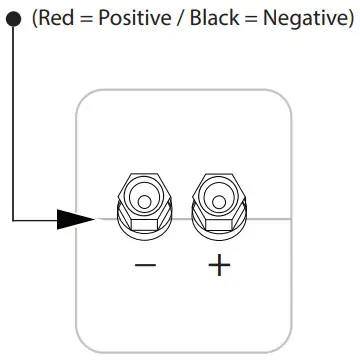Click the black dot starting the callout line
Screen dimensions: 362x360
pyautogui.click(x=14, y=20)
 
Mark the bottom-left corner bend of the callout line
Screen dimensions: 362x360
pyautogui.click(x=14, y=219)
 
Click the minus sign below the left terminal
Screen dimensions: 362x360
pyautogui.click(x=146, y=267)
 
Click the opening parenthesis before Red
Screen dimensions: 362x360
pyautogui.click(x=34, y=21)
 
